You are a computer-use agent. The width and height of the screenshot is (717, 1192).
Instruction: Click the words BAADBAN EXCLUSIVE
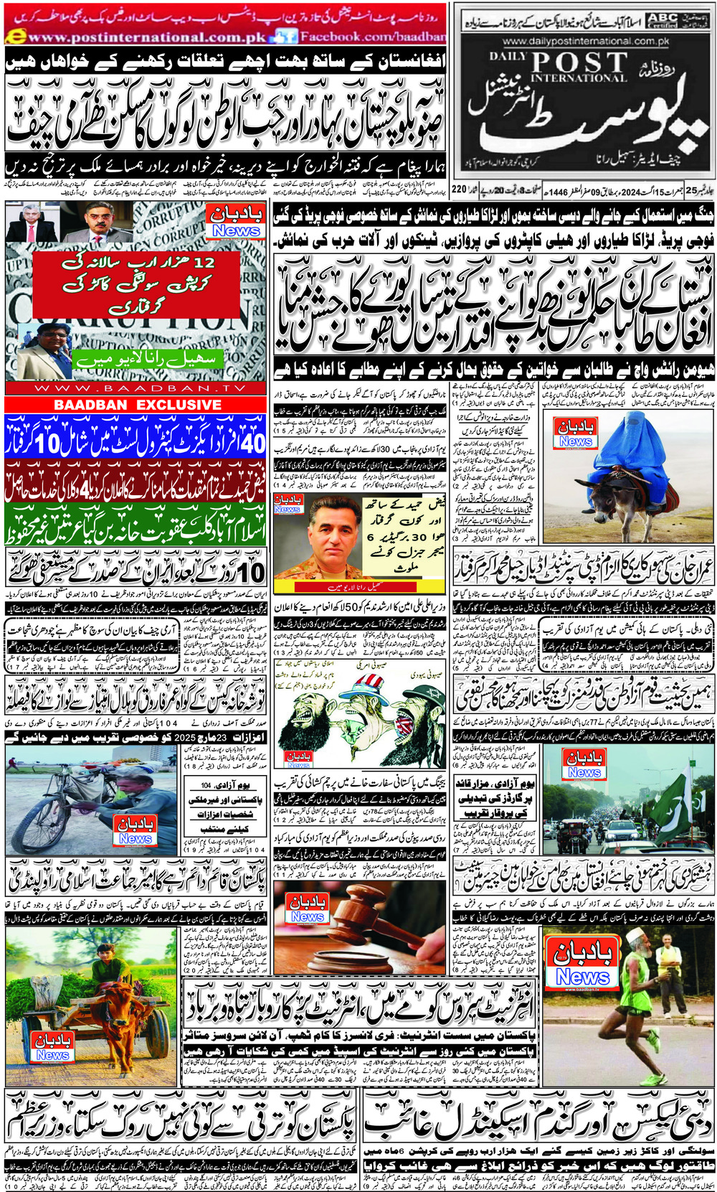click(x=137, y=405)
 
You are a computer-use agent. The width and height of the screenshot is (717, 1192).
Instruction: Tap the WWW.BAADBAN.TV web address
click(x=126, y=388)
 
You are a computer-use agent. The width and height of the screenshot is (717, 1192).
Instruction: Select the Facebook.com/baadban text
click(x=371, y=36)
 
